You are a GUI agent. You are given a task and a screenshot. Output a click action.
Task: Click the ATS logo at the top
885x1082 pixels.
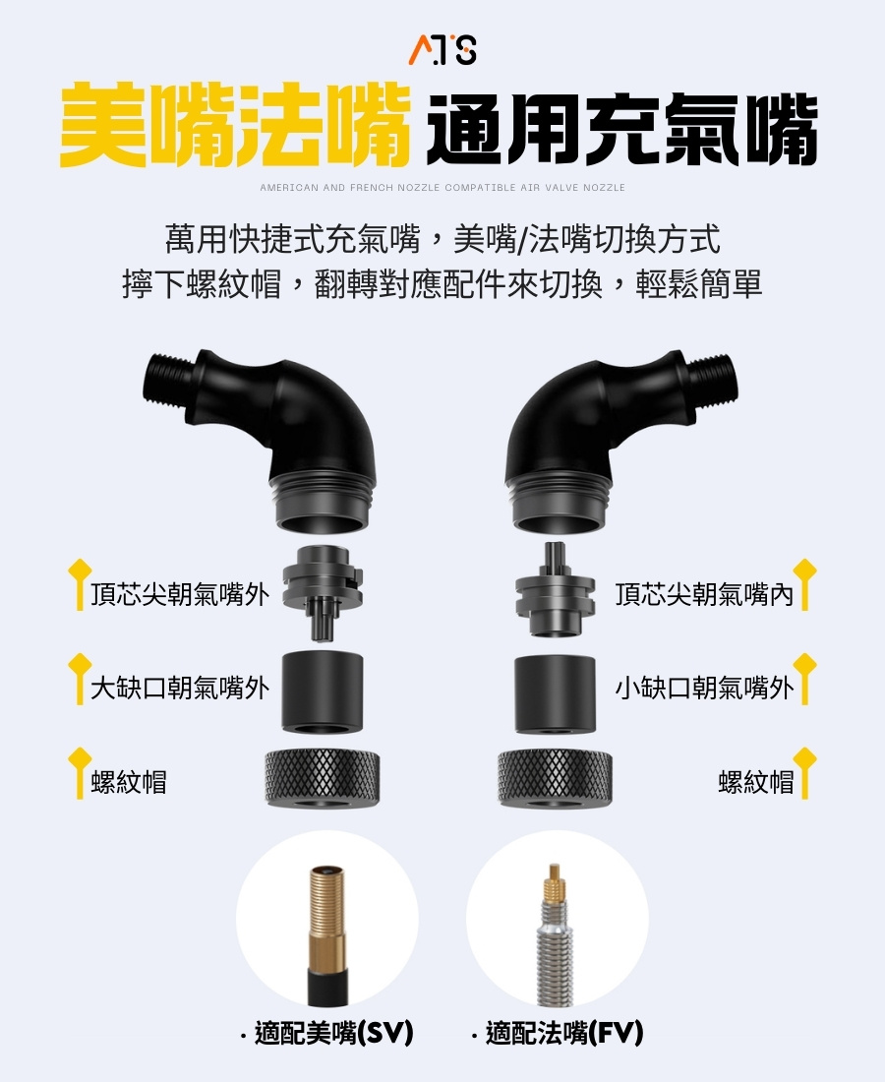click(x=442, y=48)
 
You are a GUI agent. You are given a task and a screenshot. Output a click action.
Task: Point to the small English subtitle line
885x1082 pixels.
click(x=442, y=187)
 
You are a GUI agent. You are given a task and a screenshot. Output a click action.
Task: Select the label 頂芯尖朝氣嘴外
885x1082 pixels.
click(x=180, y=594)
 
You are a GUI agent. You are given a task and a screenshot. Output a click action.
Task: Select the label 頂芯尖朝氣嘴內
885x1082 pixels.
click(x=704, y=594)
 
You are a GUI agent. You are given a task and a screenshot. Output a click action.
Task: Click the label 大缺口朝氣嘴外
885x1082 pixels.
click(x=180, y=688)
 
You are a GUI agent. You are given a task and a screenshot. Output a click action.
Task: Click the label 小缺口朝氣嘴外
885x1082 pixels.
click(x=704, y=688)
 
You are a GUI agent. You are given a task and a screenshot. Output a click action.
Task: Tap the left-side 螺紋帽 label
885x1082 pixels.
click(x=129, y=782)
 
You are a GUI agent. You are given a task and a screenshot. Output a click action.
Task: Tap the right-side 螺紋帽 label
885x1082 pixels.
click(x=755, y=782)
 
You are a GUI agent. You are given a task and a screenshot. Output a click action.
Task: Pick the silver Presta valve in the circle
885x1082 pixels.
click(x=557, y=930)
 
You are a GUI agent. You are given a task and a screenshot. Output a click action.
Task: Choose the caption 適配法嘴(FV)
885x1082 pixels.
click(x=557, y=1032)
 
